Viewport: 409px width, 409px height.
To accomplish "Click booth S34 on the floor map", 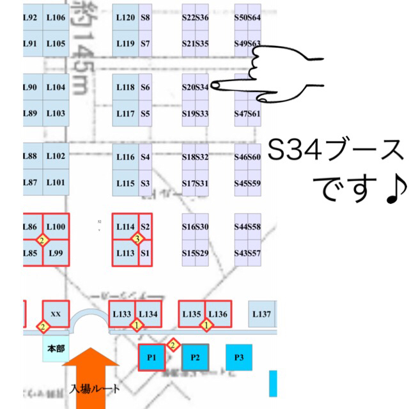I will coord(202,87).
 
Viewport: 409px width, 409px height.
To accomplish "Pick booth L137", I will coord(262,314).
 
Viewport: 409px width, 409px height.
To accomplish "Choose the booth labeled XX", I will coord(56,314).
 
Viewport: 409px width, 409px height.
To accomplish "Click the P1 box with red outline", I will coord(151,357).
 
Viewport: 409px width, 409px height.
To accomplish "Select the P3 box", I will coord(239,357).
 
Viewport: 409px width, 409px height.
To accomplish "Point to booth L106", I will coord(56,18).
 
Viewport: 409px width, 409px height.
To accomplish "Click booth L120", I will coord(125,18).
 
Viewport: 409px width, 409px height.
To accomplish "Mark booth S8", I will coord(146,18).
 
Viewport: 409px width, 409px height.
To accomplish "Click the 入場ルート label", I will coord(95,388).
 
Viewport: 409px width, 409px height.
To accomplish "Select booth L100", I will coord(56,228).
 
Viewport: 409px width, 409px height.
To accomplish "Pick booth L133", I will coord(123,314).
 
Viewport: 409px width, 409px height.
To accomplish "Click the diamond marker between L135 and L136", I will coord(206,326).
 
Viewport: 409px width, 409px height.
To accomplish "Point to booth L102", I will coord(56,157).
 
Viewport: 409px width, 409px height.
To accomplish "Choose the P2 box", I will coord(196,357).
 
